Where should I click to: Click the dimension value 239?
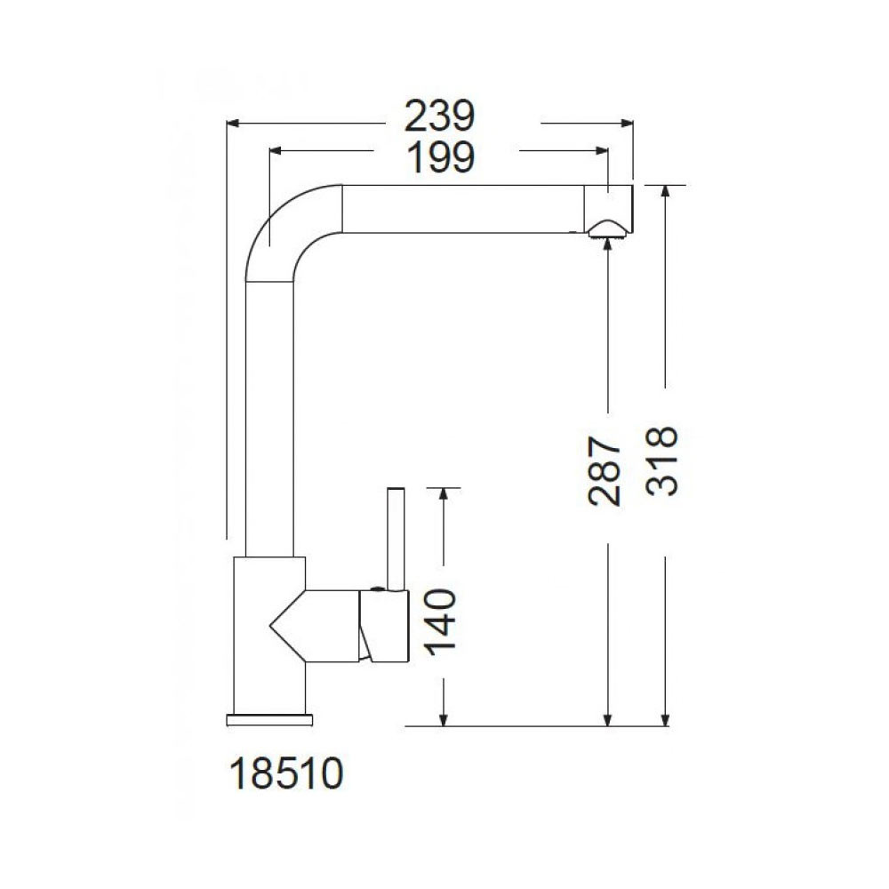coord(439,116)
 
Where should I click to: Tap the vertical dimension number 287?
coord(605,470)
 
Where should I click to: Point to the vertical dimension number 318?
coord(662,461)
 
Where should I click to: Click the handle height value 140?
coord(441,622)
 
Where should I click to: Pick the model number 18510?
coord(287,774)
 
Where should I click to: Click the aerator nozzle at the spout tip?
coord(607,230)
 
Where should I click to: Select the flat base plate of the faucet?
coord(269,720)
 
